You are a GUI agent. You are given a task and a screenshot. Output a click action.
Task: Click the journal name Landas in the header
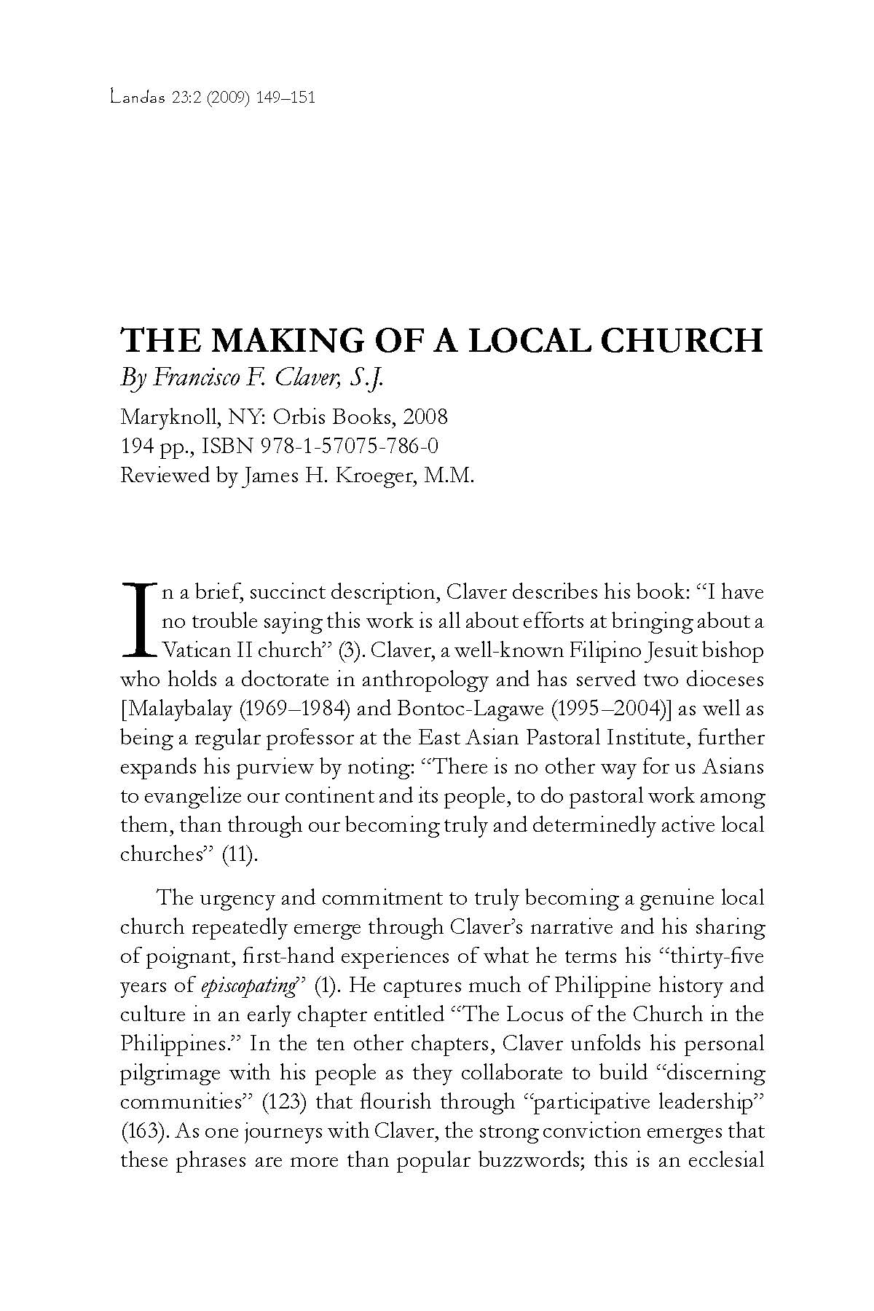(x=135, y=98)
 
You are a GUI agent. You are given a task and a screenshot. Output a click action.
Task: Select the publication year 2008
(x=425, y=417)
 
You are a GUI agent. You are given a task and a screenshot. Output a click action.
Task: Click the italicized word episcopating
(x=248, y=986)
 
